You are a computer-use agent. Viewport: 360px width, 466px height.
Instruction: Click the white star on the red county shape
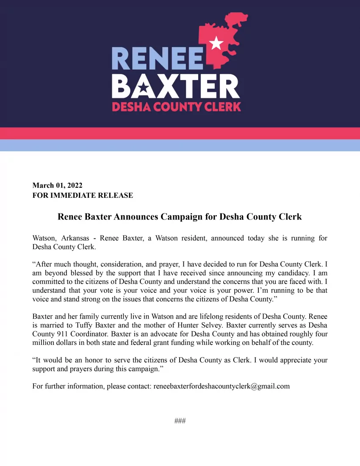pos(216,42)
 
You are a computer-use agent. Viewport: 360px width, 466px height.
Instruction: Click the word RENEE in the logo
pos(157,58)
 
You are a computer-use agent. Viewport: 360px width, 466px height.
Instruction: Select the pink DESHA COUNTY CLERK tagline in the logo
pos(176,106)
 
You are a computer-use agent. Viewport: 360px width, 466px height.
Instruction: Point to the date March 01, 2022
pos(57,185)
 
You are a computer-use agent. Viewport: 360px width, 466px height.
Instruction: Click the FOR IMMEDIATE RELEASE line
pos(83,195)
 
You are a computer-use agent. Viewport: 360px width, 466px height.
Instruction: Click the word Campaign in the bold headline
pos(188,217)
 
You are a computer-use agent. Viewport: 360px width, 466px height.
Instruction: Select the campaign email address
pos(222,386)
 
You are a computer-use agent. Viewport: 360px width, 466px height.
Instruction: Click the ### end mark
pos(180,421)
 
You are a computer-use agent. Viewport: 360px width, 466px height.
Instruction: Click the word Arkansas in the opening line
pos(75,238)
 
